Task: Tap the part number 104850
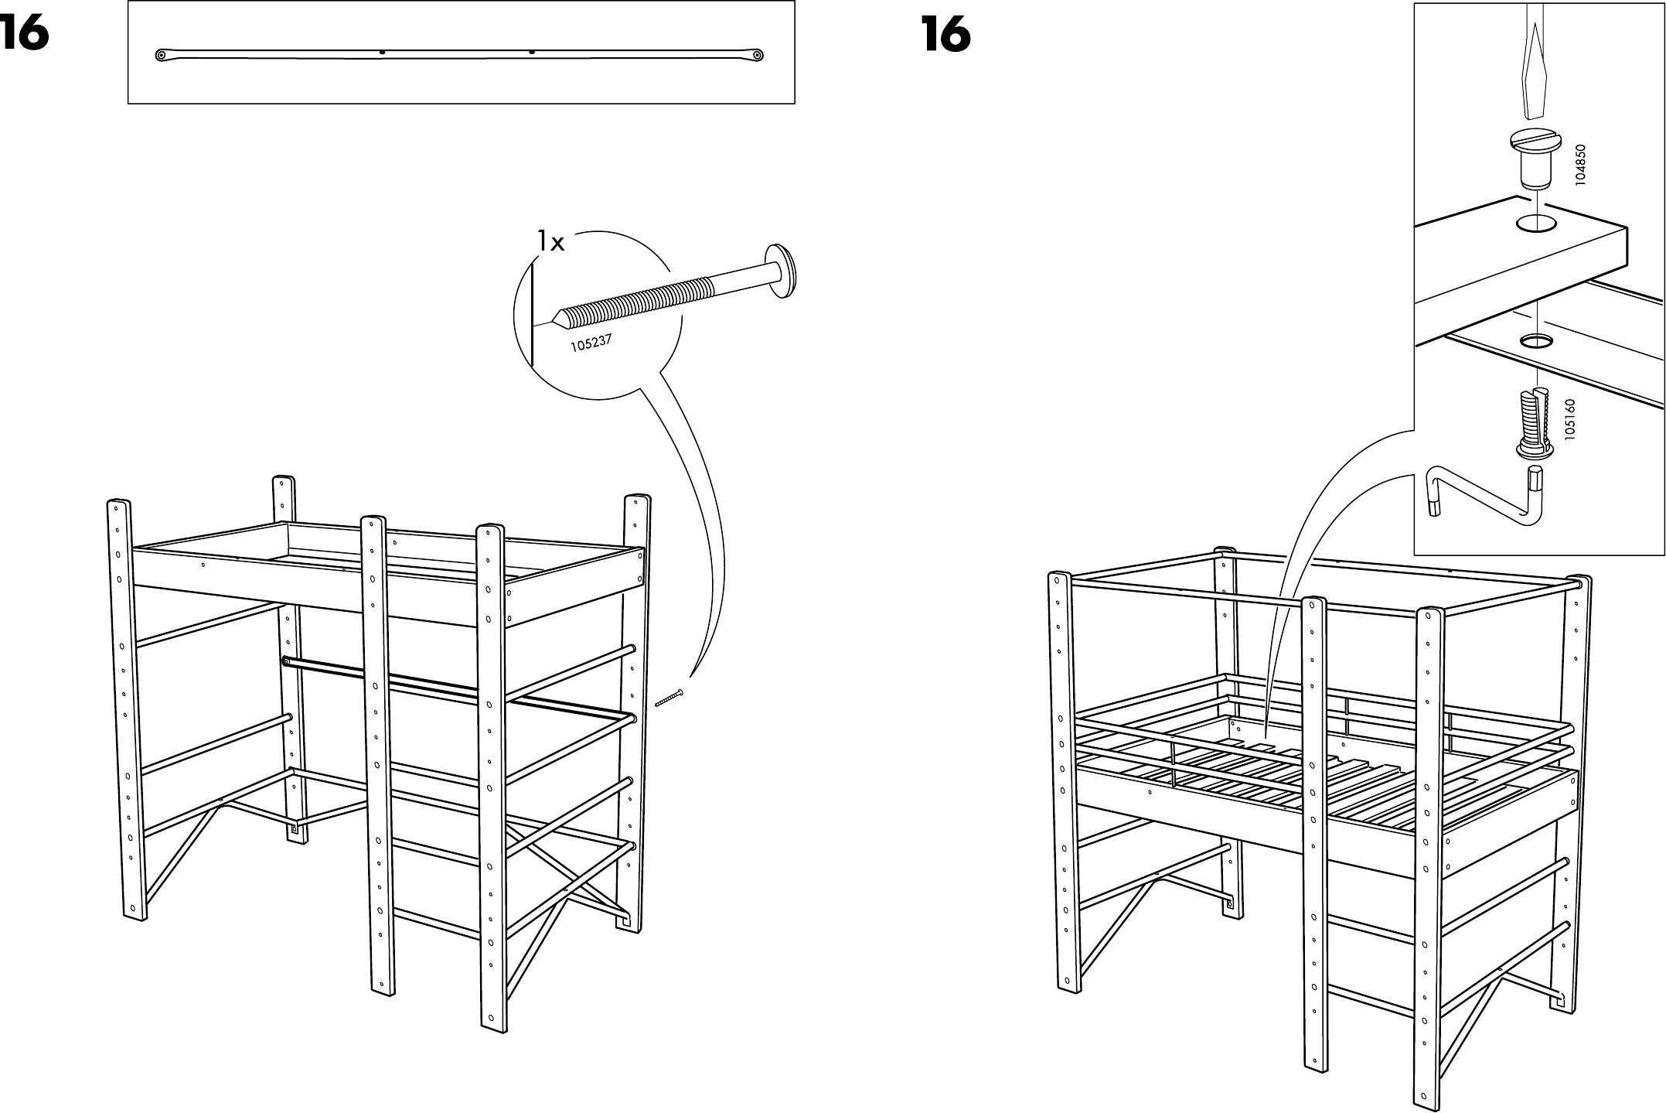1580,163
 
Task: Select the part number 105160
1569,420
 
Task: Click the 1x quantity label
551,243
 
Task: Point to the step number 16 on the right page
945,34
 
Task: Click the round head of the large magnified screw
781,271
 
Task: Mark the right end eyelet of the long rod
758,55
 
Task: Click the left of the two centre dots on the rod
383,53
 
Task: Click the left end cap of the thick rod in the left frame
287,662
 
